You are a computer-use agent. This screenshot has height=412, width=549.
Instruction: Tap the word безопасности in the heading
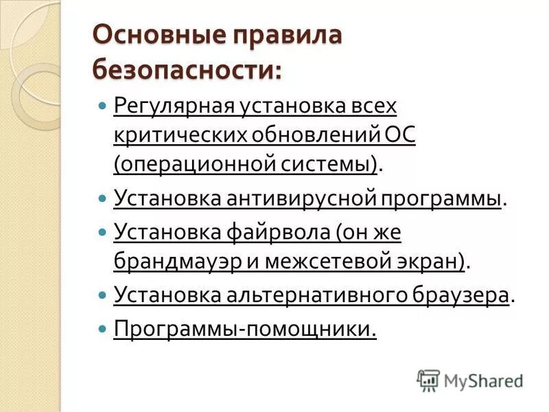point(186,68)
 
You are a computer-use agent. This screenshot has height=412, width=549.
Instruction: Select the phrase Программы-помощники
point(245,330)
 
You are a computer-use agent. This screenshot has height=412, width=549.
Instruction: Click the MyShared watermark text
point(483,380)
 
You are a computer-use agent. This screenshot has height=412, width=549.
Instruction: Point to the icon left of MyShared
point(428,380)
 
